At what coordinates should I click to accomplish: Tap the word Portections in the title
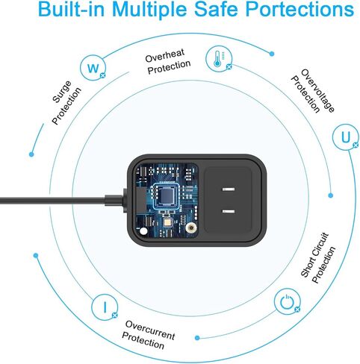click(x=300, y=9)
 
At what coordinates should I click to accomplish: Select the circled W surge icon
click(x=93, y=68)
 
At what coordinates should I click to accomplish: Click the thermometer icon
click(x=219, y=59)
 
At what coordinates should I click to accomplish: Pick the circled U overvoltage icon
click(x=346, y=137)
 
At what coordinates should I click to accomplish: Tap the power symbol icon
click(x=287, y=301)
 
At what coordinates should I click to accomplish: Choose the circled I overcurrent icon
click(x=105, y=307)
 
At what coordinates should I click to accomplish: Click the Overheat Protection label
click(x=168, y=61)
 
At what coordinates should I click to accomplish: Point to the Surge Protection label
click(x=66, y=102)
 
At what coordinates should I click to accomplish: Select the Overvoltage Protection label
click(x=313, y=91)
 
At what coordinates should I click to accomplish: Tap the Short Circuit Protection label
click(x=318, y=258)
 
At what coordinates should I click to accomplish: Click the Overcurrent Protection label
click(x=149, y=335)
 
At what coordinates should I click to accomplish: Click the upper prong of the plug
click(x=229, y=189)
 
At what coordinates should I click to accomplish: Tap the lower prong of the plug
click(x=229, y=212)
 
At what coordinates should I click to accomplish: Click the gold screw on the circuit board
click(x=191, y=228)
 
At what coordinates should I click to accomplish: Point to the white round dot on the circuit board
click(x=143, y=231)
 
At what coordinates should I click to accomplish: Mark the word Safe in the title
click(x=216, y=9)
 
